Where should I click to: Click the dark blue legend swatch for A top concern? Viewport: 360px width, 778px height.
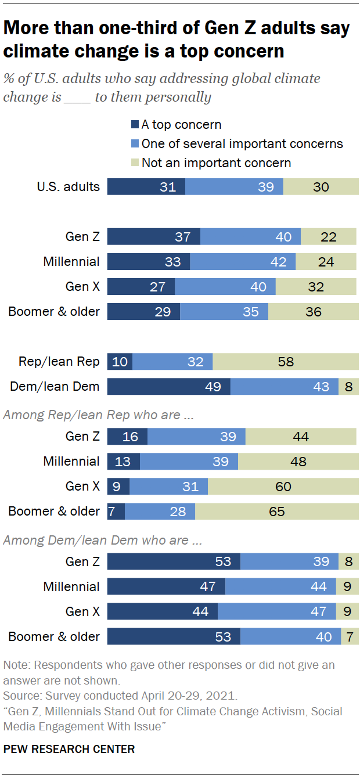pos(135,124)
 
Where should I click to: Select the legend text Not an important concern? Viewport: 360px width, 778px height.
pos(216,163)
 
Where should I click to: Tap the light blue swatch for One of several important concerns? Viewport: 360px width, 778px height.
pos(135,143)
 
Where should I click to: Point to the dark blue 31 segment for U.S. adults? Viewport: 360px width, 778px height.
pos(146,186)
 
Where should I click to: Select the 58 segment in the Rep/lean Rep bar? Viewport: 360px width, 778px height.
pos(286,362)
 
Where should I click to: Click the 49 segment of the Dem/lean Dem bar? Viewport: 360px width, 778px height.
pos(169,386)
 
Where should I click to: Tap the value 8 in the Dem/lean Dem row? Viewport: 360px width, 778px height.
pos(348,386)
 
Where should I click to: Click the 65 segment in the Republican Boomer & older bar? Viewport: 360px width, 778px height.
pos(277,512)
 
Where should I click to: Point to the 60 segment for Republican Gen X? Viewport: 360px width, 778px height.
pos(283,487)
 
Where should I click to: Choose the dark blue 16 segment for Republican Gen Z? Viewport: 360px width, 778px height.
pos(128,437)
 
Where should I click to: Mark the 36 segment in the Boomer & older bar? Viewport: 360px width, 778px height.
pos(314,311)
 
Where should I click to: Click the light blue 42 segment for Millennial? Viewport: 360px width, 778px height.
pos(243,261)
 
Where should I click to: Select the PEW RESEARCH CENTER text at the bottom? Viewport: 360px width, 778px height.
pos(69,749)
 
